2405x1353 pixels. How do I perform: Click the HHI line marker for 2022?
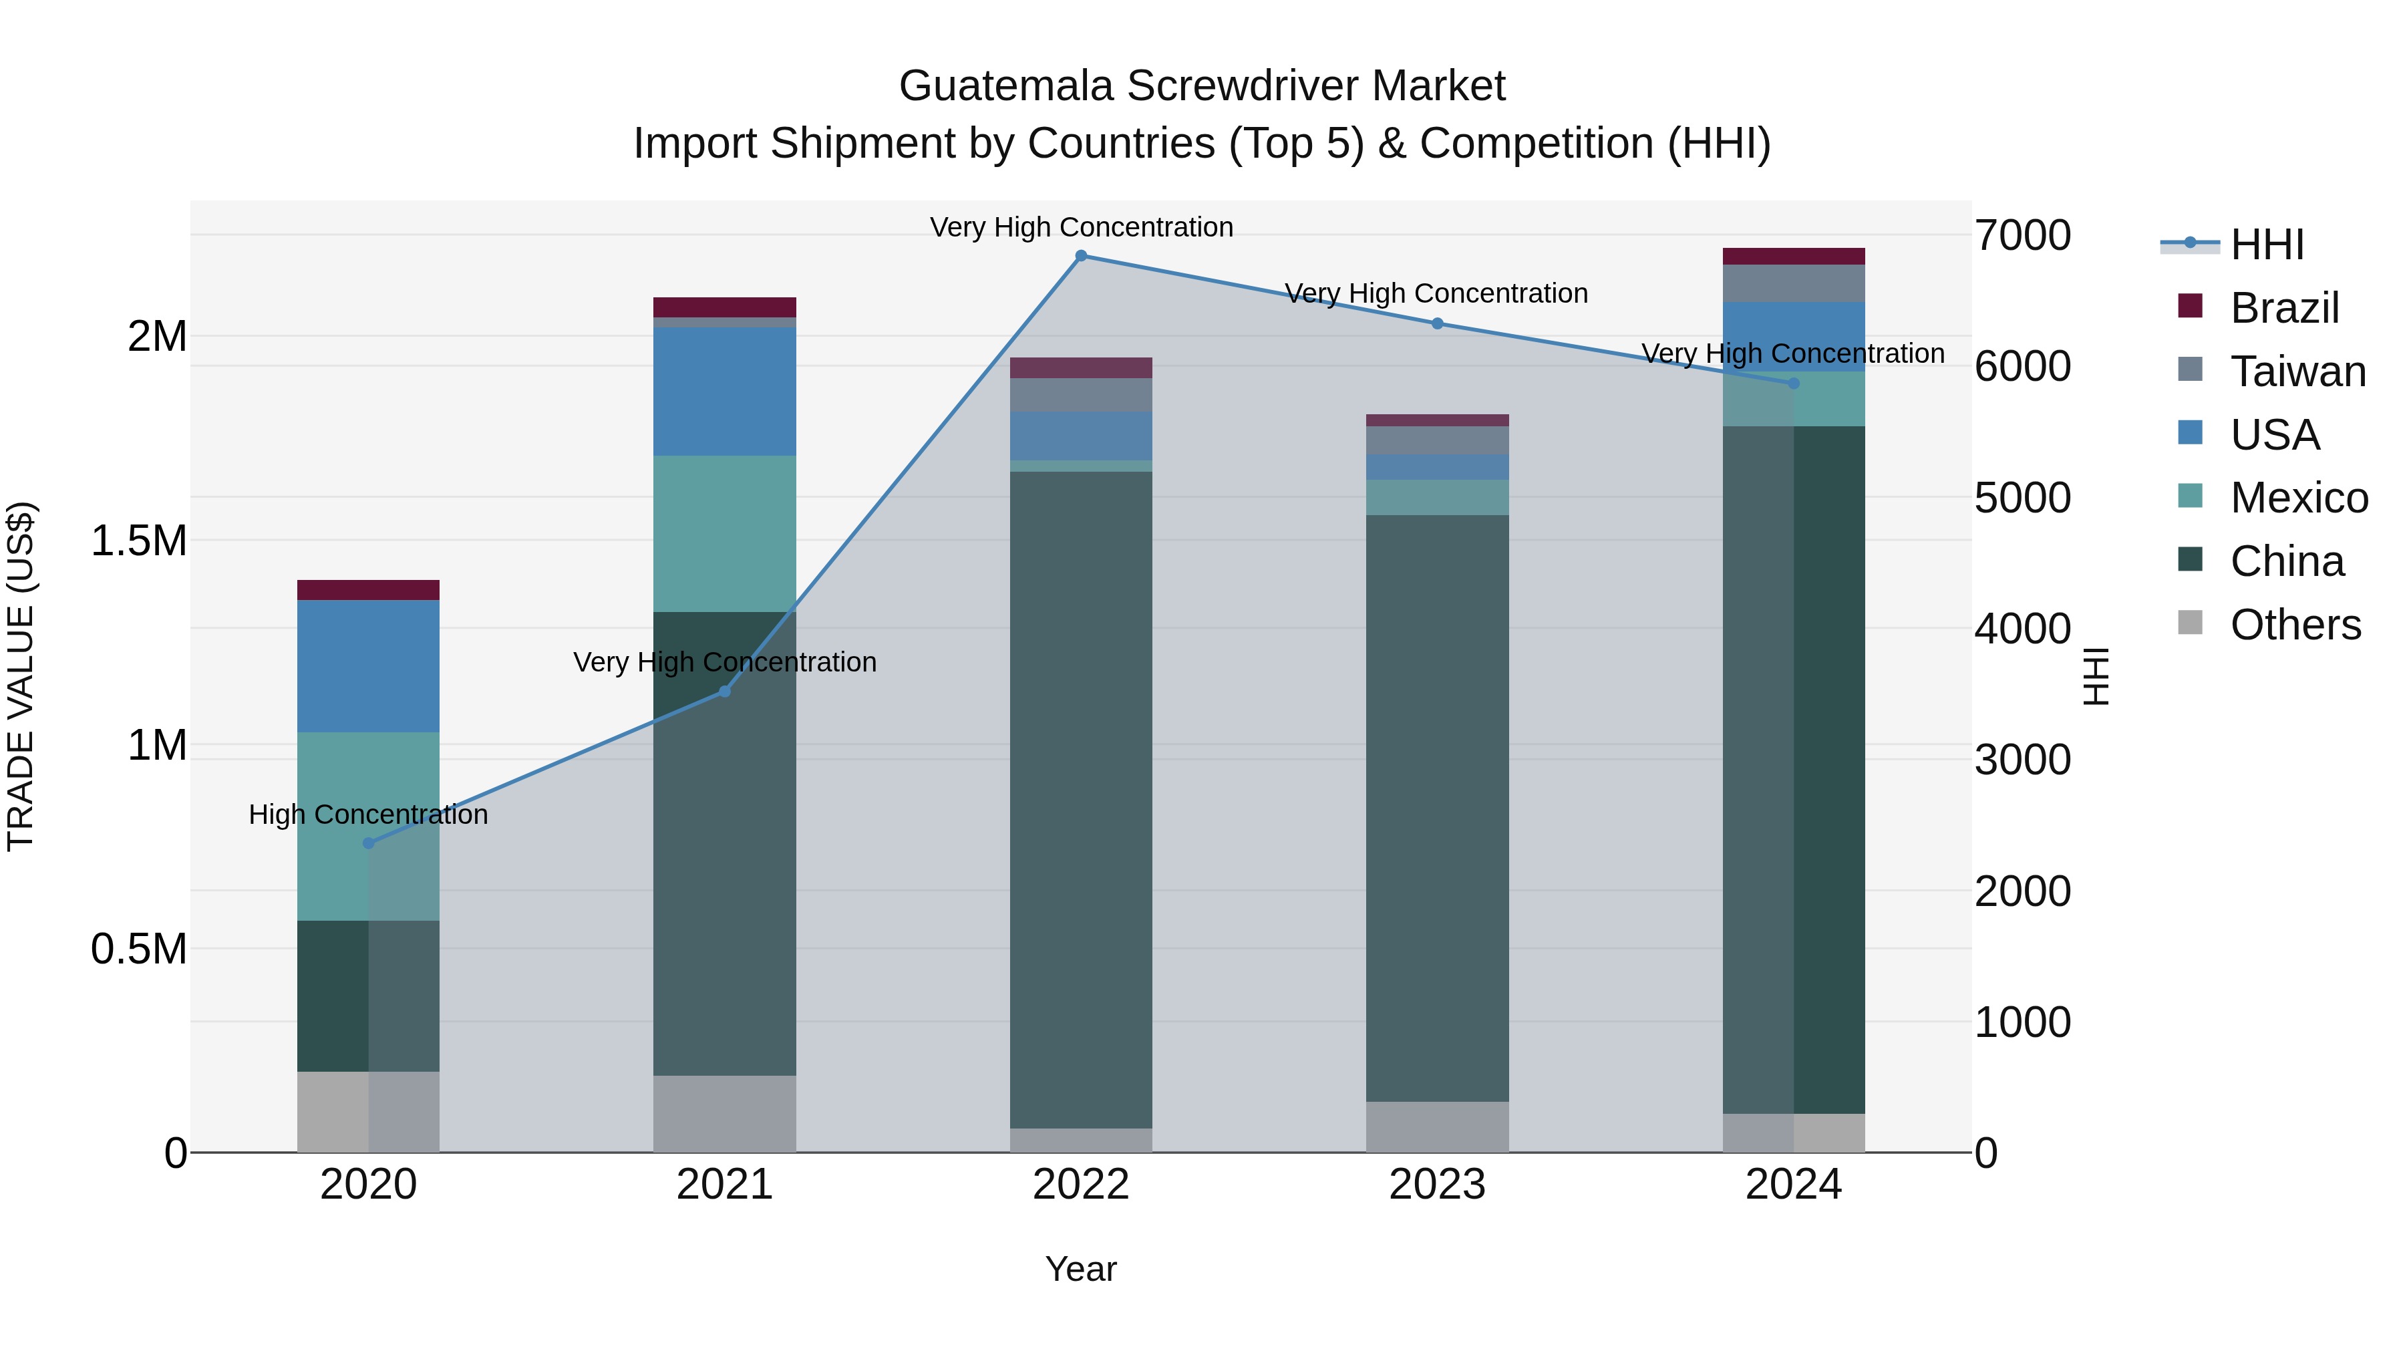point(1081,256)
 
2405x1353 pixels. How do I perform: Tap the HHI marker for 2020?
point(369,843)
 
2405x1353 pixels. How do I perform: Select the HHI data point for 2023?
point(1438,324)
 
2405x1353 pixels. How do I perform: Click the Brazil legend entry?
point(2283,308)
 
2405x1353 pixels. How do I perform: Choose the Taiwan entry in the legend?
point(2297,371)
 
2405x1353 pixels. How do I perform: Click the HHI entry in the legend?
point(2267,245)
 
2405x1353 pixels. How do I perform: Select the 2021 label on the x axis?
point(724,1185)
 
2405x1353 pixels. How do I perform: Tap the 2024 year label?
point(1794,1185)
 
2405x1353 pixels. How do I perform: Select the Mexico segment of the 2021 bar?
point(724,533)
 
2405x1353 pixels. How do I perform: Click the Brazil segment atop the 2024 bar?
point(1794,257)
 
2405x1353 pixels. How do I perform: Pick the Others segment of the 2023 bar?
point(1438,1127)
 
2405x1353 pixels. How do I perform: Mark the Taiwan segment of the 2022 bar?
point(1081,395)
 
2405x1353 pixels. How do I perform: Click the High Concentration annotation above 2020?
point(369,815)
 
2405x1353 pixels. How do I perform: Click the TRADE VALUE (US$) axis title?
point(21,676)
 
